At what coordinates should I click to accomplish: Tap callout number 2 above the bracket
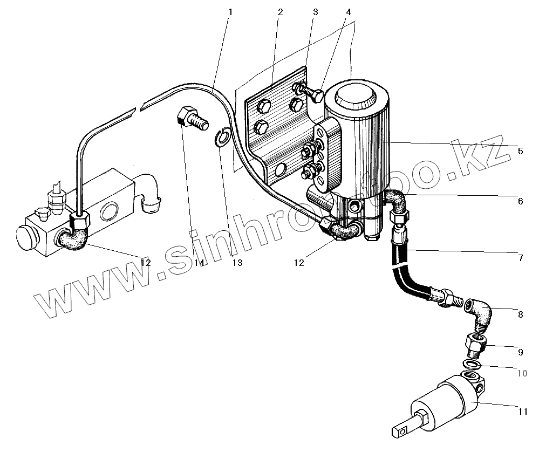coord(280,11)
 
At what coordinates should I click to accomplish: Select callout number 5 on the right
coord(520,152)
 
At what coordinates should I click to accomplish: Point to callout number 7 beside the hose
coord(520,258)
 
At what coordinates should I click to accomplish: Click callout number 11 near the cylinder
coord(522,412)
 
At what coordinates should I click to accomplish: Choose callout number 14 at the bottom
coord(198,263)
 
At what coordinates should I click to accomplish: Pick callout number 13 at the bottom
coord(237,263)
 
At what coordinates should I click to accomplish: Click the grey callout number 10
coord(522,373)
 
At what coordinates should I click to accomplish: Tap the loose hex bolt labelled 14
coord(191,118)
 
